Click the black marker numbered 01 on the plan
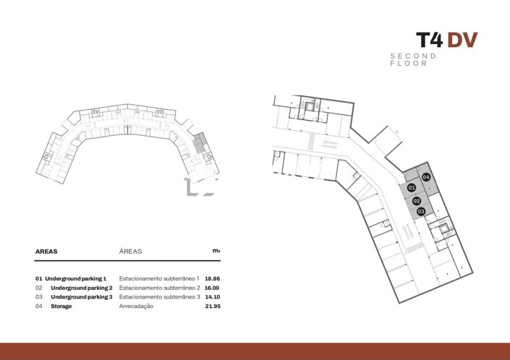click(411, 188)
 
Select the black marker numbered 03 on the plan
click(420, 211)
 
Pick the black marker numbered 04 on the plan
click(426, 177)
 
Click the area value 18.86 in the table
click(212, 278)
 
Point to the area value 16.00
click(212, 288)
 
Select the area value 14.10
click(212, 297)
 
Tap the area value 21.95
click(212, 307)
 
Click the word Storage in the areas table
click(61, 307)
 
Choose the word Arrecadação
click(136, 307)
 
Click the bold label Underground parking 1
click(75, 278)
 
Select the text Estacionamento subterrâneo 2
click(158, 288)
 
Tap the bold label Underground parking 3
click(81, 297)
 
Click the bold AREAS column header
click(46, 252)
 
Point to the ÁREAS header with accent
click(130, 252)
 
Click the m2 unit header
click(216, 251)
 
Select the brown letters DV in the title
click(462, 40)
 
